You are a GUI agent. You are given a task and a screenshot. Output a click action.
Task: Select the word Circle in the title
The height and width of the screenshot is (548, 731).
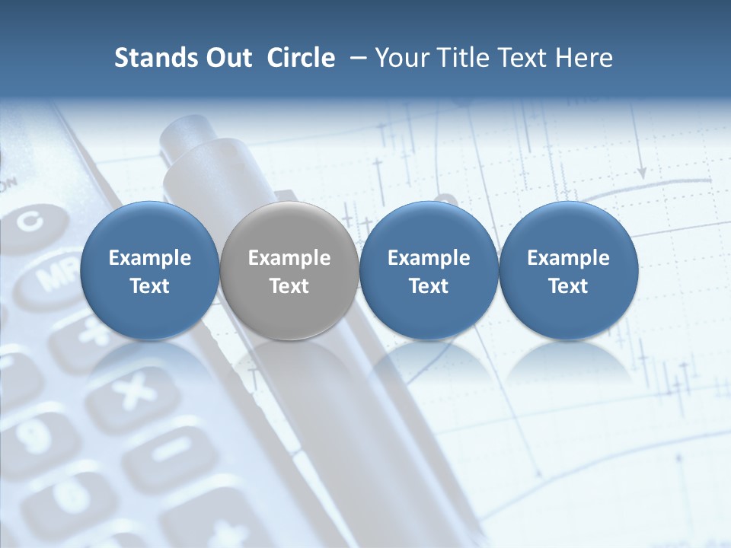point(301,58)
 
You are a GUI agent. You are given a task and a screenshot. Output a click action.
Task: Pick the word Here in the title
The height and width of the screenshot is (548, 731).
point(584,58)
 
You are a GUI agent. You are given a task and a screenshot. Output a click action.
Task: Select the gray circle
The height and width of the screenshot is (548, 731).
point(289,271)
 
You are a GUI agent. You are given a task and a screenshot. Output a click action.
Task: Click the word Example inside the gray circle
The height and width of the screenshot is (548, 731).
point(289,258)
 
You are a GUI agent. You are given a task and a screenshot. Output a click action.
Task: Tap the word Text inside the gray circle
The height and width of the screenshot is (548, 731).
point(289,286)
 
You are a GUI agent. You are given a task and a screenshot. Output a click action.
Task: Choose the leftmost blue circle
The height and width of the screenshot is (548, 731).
point(149,271)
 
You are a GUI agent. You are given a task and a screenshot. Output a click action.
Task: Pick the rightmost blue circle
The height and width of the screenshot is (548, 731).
point(568,271)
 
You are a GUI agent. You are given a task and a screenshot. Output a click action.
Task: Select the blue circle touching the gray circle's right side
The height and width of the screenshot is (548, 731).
point(429,271)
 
